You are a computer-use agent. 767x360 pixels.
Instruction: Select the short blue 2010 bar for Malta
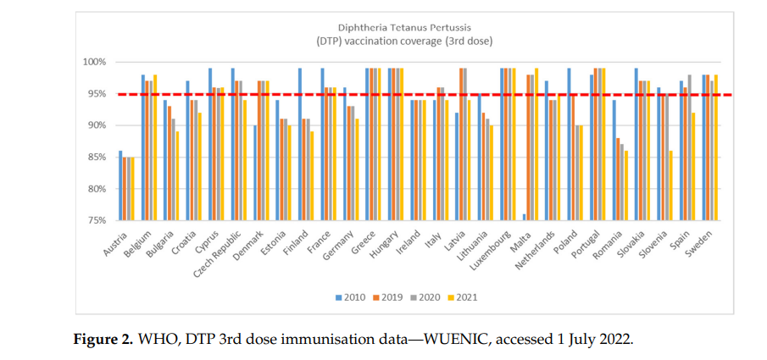[x=525, y=217]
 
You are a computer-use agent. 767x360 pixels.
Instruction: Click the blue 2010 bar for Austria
[x=120, y=186]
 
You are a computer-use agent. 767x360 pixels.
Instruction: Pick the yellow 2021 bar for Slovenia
[x=670, y=186]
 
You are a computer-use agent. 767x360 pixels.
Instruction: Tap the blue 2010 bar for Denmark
[x=253, y=173]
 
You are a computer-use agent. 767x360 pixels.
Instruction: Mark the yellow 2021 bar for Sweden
[x=716, y=147]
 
